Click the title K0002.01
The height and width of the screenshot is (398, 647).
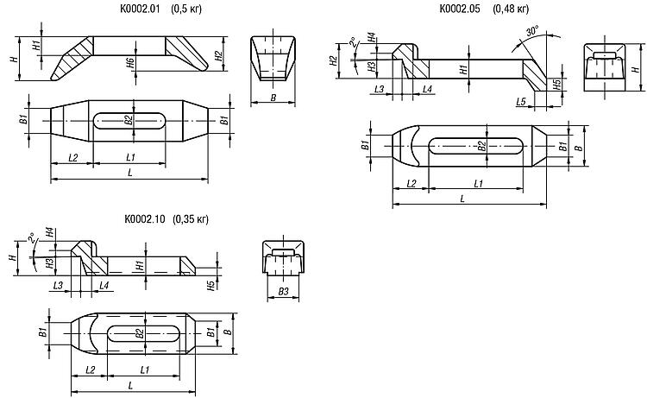point(140,9)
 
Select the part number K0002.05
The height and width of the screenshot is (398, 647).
point(459,9)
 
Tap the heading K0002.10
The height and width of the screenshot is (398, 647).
point(144,218)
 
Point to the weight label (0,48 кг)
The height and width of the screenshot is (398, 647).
point(511,9)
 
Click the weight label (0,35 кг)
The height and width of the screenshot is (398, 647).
point(191,218)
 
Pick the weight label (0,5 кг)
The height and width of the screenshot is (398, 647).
point(186,9)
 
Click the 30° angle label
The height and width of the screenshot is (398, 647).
point(532,31)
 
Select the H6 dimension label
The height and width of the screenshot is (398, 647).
point(130,63)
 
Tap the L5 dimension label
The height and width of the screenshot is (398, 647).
point(521,102)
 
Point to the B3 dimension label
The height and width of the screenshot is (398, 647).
point(283,292)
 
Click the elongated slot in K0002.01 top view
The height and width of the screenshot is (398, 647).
point(129,121)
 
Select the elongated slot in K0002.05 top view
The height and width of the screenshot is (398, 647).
point(475,146)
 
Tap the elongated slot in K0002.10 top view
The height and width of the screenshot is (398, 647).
point(143,333)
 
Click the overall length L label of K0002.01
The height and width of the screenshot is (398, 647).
point(130,173)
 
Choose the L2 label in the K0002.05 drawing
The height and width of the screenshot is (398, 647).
point(411,184)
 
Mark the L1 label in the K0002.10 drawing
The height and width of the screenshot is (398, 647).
point(144,370)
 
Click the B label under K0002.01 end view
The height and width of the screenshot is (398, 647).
point(273,98)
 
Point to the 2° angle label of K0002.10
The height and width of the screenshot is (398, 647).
point(31,239)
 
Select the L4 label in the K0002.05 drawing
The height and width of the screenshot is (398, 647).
point(427,89)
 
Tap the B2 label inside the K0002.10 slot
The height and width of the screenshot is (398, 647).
point(141,332)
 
